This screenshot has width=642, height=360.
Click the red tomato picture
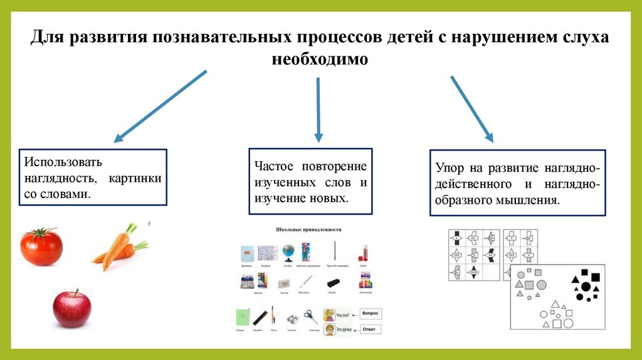click(x=41, y=246)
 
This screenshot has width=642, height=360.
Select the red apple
click(x=71, y=309)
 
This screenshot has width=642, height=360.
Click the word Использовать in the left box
click(x=61, y=162)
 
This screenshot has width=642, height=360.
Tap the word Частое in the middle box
click(x=273, y=167)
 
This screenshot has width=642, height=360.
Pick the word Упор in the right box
click(x=449, y=169)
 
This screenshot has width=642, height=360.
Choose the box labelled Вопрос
click(x=371, y=313)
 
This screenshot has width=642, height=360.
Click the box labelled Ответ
click(x=371, y=329)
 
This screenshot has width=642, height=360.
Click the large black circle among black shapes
click(x=586, y=287)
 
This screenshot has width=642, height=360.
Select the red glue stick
click(x=362, y=253)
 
